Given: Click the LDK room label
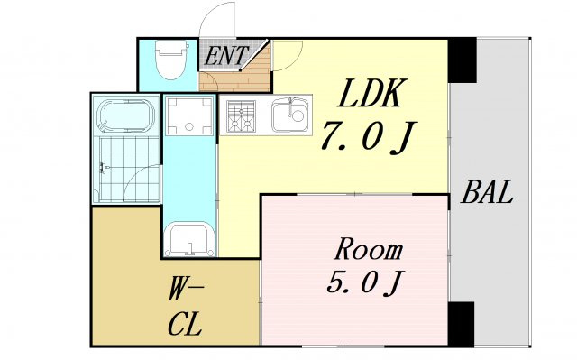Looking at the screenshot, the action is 369,93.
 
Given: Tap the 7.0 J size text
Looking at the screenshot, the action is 369,136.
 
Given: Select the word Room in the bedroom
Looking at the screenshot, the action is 369,250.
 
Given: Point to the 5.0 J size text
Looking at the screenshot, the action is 366,282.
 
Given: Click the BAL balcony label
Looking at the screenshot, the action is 487,192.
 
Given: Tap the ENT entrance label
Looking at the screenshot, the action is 225,56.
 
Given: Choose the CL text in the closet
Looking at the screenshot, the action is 185,324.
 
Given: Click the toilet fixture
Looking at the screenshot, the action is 170,59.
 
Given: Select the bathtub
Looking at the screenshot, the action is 125,115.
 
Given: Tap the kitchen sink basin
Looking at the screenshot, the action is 289,115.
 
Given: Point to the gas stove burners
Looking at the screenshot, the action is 242,116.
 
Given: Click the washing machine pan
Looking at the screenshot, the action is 189,116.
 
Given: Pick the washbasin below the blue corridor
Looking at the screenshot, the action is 189,239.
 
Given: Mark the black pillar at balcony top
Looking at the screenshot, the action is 463,60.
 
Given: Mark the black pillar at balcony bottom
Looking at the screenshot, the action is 461,324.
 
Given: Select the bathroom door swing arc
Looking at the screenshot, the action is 137,177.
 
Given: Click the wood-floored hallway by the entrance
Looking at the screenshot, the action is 235,79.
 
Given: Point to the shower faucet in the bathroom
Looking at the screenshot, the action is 105,168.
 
